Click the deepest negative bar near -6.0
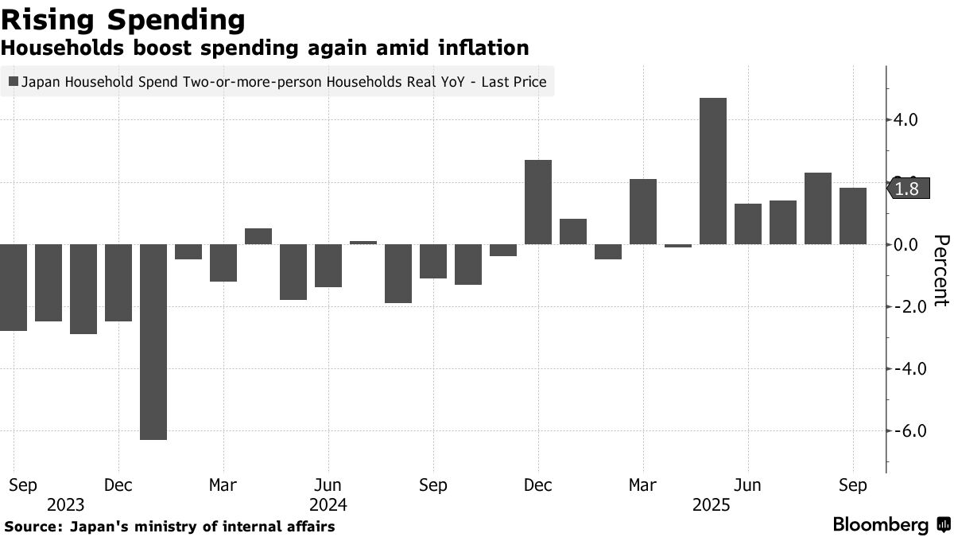point(153,341)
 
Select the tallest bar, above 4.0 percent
point(713,171)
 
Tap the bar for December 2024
point(538,202)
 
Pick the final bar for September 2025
point(853,216)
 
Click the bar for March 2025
point(643,212)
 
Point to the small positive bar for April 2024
point(258,235)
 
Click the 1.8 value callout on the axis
point(906,189)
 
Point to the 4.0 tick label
point(906,120)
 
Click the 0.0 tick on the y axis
point(906,244)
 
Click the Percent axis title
point(940,270)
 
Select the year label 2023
point(66,504)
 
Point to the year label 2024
point(328,504)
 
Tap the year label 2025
point(713,504)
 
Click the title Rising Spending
point(122,19)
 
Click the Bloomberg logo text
point(880,525)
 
